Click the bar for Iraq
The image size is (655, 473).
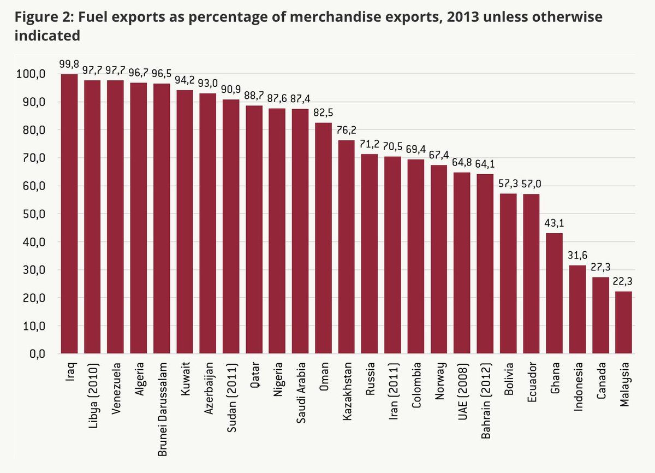[69, 214]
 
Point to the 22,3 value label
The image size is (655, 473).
[624, 280]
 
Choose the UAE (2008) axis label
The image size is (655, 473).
[462, 388]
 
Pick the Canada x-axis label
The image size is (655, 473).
[600, 381]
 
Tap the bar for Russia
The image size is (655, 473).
[370, 254]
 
